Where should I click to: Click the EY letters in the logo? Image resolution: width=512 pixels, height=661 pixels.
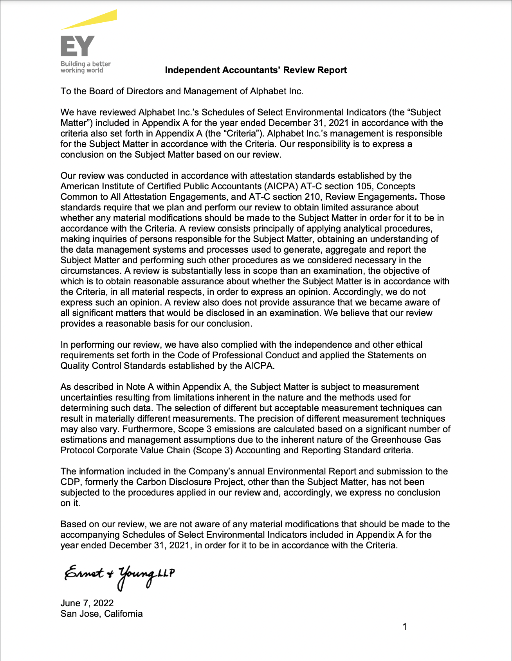pyautogui.click(x=78, y=46)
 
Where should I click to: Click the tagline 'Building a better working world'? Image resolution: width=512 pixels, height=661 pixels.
pyautogui.click(x=85, y=67)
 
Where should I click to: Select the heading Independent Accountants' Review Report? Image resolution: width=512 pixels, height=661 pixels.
pyautogui.click(x=256, y=70)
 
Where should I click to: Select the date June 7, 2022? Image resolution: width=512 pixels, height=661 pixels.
pyautogui.click(x=87, y=603)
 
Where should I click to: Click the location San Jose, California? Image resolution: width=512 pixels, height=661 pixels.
pyautogui.click(x=101, y=614)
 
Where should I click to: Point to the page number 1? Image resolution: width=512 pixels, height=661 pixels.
pyautogui.click(x=405, y=627)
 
